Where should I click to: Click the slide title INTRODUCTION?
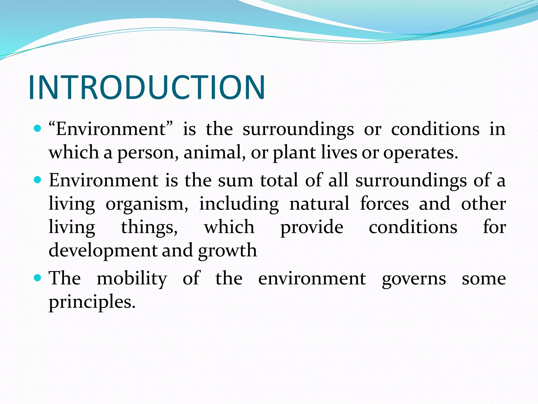[147, 87]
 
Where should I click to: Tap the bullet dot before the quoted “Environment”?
[38, 129]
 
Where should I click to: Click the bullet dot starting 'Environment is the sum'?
[38, 180]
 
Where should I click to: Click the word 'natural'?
[319, 204]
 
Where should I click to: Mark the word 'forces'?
[384, 204]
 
